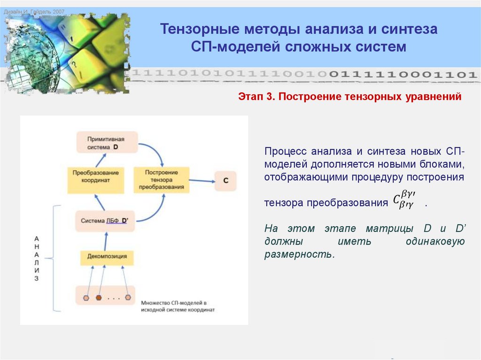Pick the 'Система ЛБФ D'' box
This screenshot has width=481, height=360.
(x=105, y=221)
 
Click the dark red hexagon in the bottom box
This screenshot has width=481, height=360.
(x=99, y=298)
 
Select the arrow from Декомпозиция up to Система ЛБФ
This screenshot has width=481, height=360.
(x=105, y=240)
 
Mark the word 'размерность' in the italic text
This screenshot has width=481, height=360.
(x=299, y=255)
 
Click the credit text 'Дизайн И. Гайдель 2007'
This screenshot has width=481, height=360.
(x=34, y=11)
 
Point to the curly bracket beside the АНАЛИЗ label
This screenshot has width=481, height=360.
(x=55, y=258)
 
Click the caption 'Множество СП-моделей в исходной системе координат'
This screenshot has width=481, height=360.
(x=178, y=307)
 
